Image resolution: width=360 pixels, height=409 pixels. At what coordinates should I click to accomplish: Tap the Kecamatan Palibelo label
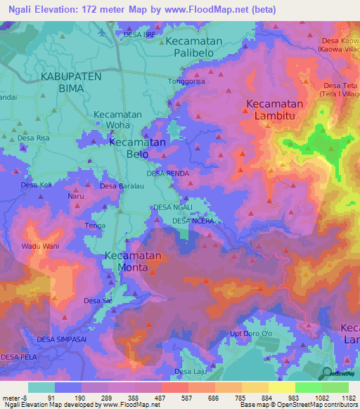(194, 48)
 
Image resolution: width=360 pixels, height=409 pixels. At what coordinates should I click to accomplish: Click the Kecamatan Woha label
(117, 119)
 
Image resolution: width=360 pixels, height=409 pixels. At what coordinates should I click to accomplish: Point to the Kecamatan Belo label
(137, 148)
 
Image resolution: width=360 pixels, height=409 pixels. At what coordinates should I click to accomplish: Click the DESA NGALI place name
(172, 207)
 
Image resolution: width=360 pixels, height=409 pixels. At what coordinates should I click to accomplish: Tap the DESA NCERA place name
(192, 221)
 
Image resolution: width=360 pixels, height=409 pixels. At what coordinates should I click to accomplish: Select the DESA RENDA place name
(168, 173)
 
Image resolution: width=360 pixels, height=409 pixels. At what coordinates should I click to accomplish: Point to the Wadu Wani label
(40, 246)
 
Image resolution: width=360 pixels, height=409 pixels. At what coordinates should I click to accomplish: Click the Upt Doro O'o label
(250, 333)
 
